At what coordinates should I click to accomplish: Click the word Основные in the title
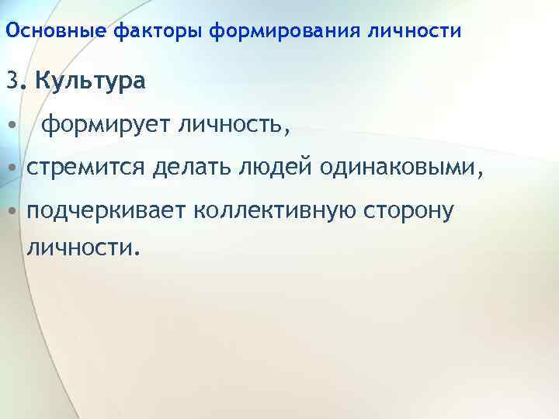56,32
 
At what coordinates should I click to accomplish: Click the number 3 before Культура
11,80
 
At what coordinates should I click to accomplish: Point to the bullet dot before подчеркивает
11,212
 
